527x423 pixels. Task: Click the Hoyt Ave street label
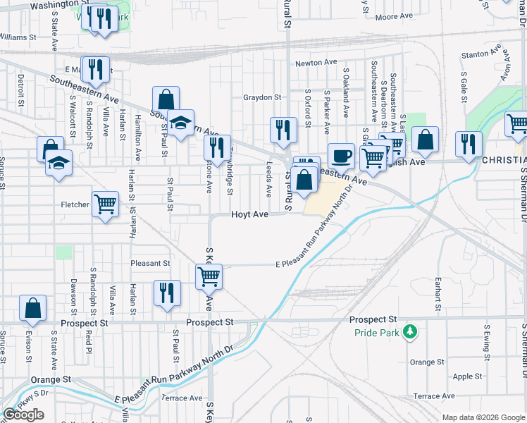(x=250, y=214)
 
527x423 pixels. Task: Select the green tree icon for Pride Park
(x=408, y=331)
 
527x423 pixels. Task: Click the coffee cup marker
(x=341, y=155)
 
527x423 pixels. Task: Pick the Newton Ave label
(x=316, y=63)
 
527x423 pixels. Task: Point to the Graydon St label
(x=262, y=97)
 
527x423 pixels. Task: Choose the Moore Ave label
(x=395, y=16)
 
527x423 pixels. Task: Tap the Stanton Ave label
(x=480, y=54)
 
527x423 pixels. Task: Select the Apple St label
(x=468, y=376)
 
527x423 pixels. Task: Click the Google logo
(x=23, y=415)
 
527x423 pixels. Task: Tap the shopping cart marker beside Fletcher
(x=105, y=204)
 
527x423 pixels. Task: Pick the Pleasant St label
(x=150, y=263)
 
